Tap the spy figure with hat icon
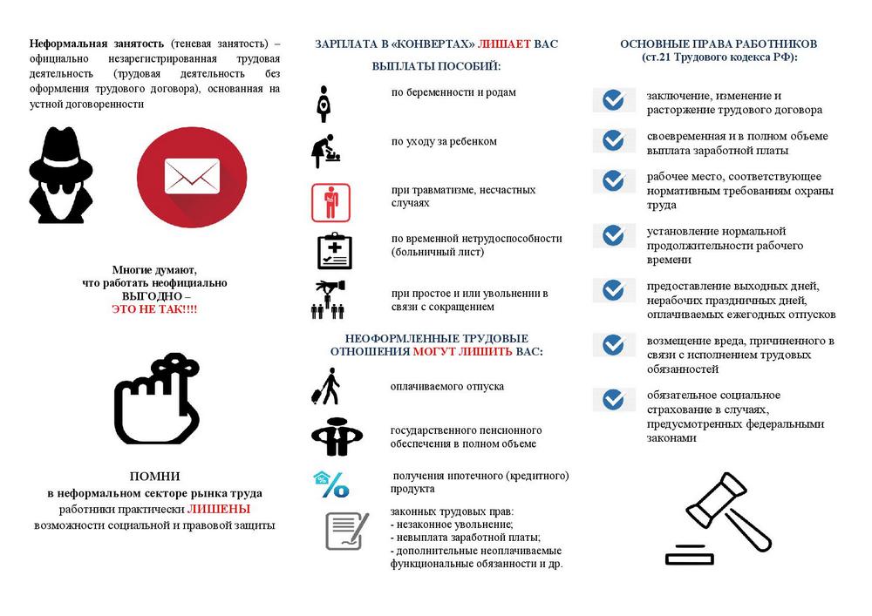point(60,175)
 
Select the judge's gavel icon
point(719,518)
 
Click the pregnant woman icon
point(324,104)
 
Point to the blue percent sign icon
point(331,484)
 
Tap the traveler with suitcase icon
point(327,386)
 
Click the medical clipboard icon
point(334,251)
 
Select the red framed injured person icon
point(330,203)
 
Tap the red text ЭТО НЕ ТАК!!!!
point(153,309)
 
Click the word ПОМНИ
point(154,476)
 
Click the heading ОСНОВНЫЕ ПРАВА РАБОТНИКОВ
point(719,44)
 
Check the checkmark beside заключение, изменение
point(614,100)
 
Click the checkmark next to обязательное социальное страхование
point(614,399)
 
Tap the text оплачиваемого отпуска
point(446,386)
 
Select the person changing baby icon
point(326,151)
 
